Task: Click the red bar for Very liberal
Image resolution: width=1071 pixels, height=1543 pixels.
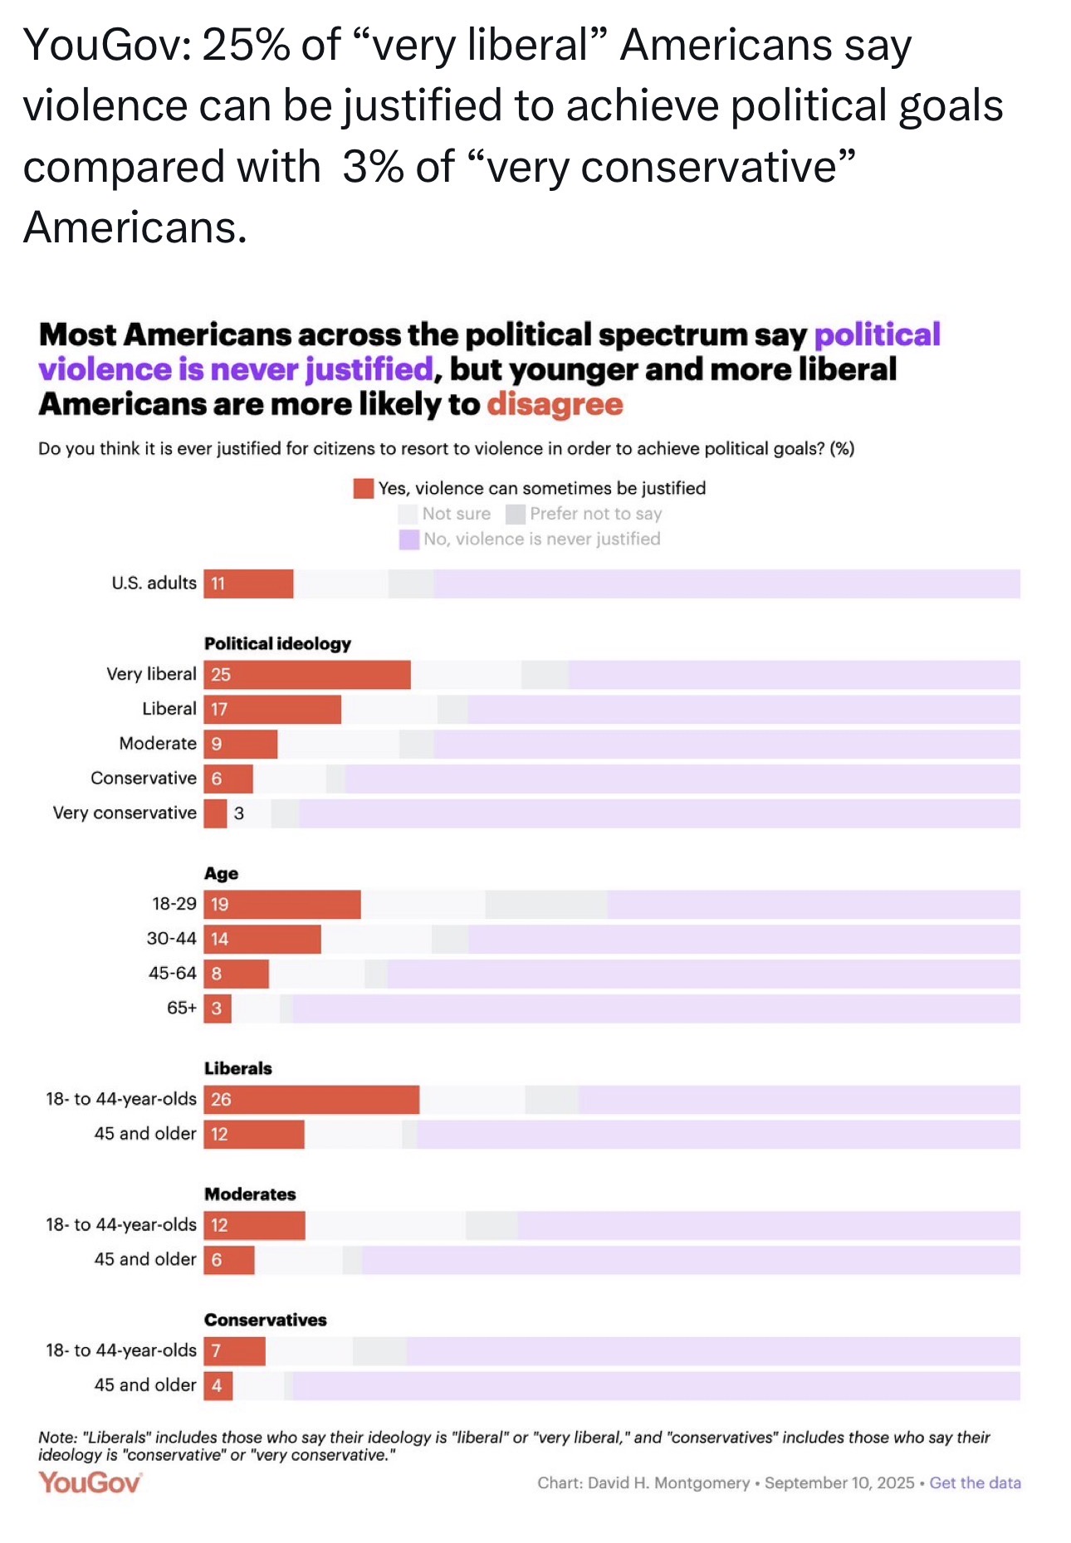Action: pyautogui.click(x=307, y=675)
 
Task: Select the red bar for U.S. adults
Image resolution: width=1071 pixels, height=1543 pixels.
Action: pyautogui.click(x=248, y=584)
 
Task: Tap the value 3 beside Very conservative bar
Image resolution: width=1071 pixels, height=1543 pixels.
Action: pyautogui.click(x=239, y=813)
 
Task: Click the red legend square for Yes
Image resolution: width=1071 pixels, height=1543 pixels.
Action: pyautogui.click(x=364, y=488)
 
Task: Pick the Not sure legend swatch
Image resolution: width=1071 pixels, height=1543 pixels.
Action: pyautogui.click(x=408, y=514)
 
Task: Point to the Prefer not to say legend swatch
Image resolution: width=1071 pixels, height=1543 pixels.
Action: pyautogui.click(x=516, y=514)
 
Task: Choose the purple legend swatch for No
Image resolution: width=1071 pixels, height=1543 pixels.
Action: pyautogui.click(x=409, y=540)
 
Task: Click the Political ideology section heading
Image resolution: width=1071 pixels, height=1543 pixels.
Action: pyautogui.click(x=277, y=643)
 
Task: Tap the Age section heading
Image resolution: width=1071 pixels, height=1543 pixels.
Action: pyautogui.click(x=221, y=873)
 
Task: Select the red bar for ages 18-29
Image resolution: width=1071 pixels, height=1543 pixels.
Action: pyautogui.click(x=282, y=905)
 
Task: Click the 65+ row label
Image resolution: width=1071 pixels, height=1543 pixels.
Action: pyautogui.click(x=182, y=1008)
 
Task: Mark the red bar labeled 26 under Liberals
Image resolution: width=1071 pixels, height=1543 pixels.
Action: pyautogui.click(x=311, y=1100)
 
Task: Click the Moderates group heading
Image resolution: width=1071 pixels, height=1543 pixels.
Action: pyautogui.click(x=250, y=1194)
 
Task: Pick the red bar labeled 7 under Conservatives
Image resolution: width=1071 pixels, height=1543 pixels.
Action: pyautogui.click(x=235, y=1351)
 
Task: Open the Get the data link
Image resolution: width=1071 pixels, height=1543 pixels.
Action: pyautogui.click(x=976, y=1482)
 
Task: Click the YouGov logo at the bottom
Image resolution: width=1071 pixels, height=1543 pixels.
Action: pyautogui.click(x=90, y=1482)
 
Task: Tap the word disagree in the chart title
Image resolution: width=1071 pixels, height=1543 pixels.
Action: pyautogui.click(x=555, y=404)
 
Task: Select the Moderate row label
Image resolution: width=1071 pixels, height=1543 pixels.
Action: pyautogui.click(x=158, y=744)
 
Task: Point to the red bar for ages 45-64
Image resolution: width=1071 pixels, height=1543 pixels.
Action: pyautogui.click(x=237, y=974)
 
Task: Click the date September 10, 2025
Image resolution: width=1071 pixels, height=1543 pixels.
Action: pyautogui.click(x=839, y=1482)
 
